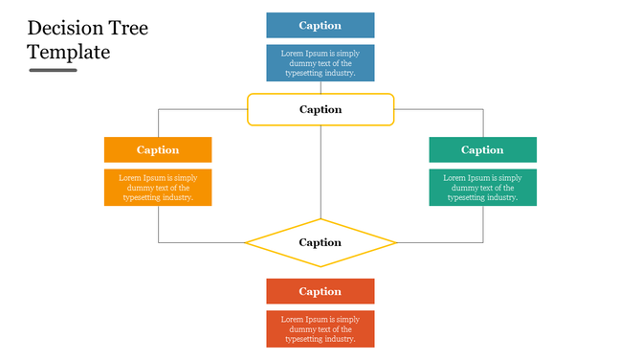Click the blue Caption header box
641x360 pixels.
(320, 26)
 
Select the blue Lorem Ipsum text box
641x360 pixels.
(320, 63)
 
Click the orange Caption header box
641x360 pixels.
(158, 149)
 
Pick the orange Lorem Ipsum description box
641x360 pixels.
(158, 188)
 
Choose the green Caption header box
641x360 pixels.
(482, 149)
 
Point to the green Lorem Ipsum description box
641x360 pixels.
(482, 188)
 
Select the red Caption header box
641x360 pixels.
(320, 291)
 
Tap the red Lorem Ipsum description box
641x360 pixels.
(320, 328)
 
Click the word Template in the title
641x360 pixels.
(69, 52)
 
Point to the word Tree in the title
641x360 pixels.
(128, 29)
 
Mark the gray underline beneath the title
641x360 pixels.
(53, 70)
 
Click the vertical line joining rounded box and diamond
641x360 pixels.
(320, 172)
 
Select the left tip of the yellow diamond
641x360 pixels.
(247, 243)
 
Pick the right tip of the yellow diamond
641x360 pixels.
(394, 243)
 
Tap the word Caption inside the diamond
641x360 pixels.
(320, 243)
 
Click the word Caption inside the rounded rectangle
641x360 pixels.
(320, 109)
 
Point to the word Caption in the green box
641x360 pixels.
(482, 149)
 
